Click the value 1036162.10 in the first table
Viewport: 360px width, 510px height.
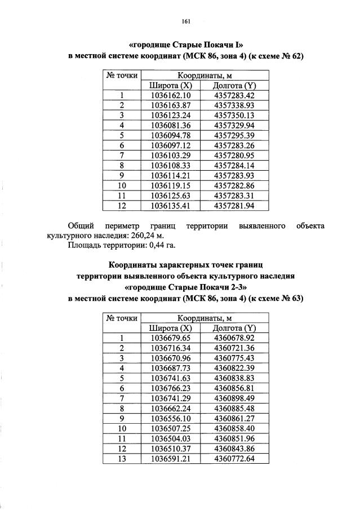[x=172, y=95]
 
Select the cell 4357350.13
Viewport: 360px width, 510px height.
[x=234, y=116]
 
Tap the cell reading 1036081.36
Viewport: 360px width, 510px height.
[x=172, y=125]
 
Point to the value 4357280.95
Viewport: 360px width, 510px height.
[x=234, y=155]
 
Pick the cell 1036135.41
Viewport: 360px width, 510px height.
[x=172, y=205]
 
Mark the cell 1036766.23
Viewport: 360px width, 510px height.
[x=172, y=388]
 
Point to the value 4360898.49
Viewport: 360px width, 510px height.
[x=234, y=398]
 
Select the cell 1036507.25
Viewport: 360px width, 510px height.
[x=172, y=428]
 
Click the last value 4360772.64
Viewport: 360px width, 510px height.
[x=234, y=458]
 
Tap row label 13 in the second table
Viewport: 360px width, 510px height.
[x=122, y=458]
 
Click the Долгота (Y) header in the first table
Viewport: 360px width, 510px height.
[x=234, y=85]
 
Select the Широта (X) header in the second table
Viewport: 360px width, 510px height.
[x=172, y=328]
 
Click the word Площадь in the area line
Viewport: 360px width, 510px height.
[x=85, y=245]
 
